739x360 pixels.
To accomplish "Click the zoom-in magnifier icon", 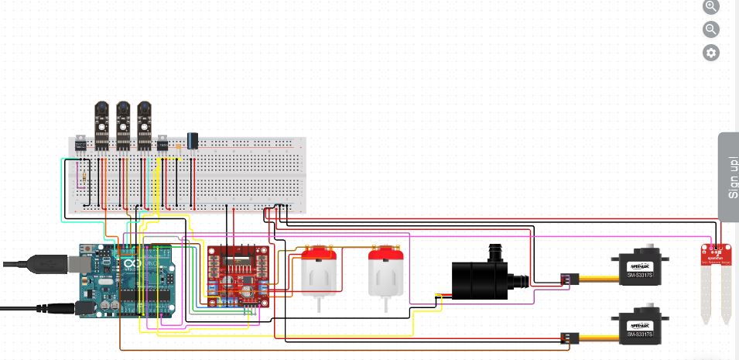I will [711, 6].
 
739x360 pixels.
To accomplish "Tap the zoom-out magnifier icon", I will [711, 29].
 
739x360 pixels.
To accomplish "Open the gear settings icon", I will [711, 53].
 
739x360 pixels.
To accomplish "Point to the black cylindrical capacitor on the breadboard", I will [192, 140].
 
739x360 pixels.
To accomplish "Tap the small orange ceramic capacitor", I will [179, 145].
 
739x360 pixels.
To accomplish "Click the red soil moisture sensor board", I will [717, 255].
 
